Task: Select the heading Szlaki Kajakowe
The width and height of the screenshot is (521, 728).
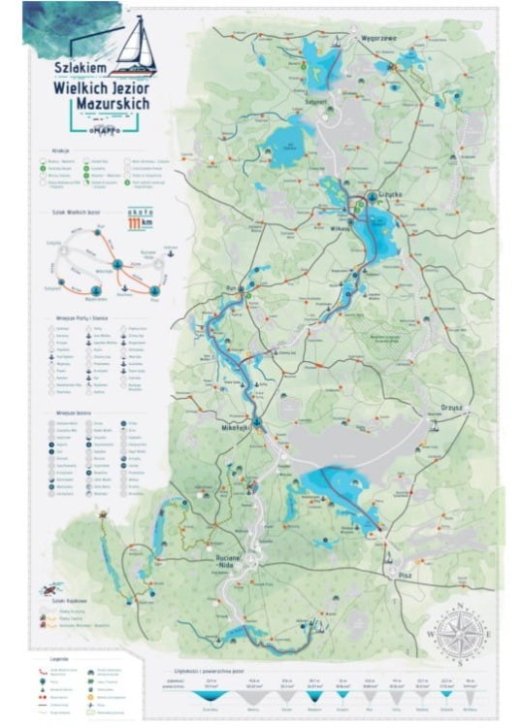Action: [63, 602]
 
